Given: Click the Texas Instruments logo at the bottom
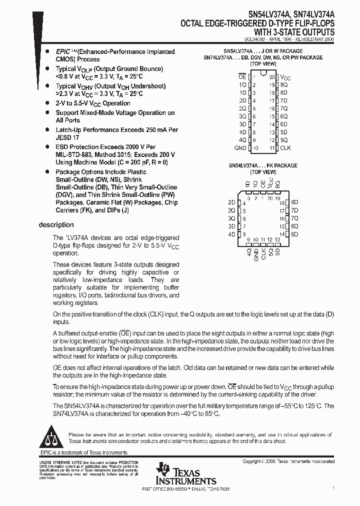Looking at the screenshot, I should click(185, 474).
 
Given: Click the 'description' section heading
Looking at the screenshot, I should click(56, 225).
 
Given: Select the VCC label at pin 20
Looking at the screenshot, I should click(285, 77).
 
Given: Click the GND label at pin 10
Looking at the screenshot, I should click(240, 148).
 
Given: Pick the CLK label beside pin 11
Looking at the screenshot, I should click(285, 148).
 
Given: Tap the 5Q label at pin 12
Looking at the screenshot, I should click(283, 140).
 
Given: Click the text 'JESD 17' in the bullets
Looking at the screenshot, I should click(67, 137).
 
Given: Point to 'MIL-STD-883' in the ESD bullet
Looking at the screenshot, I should click(74, 154).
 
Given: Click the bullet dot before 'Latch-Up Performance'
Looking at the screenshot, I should click(46, 130).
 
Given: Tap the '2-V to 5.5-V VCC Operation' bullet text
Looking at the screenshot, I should click(93, 103).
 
